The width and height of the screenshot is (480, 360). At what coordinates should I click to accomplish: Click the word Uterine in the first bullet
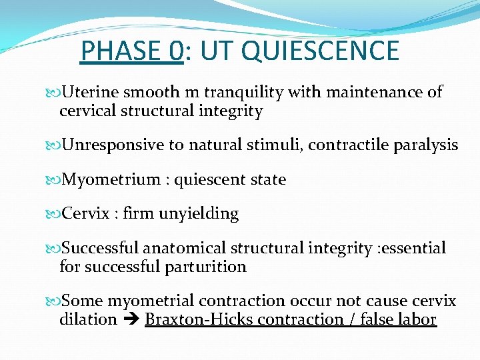point(90,93)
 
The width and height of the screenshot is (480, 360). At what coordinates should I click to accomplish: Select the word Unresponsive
point(113,145)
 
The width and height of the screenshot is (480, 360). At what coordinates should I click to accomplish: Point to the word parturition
point(205,267)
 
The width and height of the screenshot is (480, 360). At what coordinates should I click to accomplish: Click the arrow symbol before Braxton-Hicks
point(131,320)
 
